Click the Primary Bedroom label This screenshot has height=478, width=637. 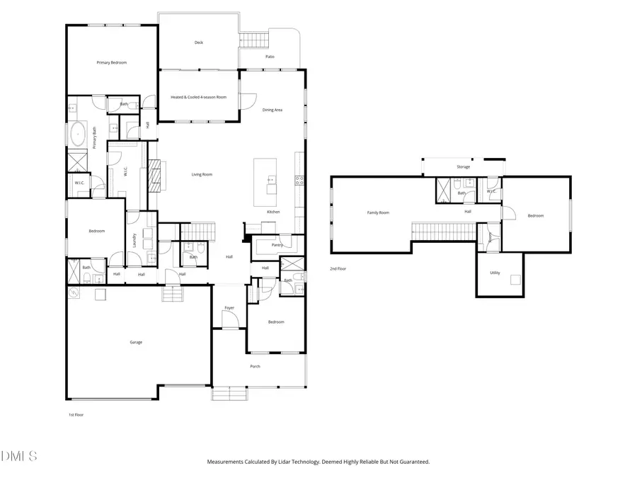[x=112, y=63]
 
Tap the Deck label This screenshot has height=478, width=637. [x=199, y=42]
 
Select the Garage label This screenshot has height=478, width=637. [x=136, y=342]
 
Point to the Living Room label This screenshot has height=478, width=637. [x=202, y=174]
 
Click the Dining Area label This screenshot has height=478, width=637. [x=272, y=110]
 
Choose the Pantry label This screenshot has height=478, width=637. [x=277, y=244]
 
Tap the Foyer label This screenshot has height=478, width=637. [x=229, y=307]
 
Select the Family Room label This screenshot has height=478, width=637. [x=378, y=212]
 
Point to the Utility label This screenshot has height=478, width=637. [x=495, y=272]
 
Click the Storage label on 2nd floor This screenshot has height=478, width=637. [x=463, y=167]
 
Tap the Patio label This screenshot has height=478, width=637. [x=270, y=57]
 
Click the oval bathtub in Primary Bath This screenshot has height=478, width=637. [x=78, y=134]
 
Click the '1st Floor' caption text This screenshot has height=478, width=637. [x=75, y=415]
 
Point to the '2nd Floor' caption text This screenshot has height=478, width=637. [x=338, y=269]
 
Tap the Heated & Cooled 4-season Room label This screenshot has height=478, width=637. [x=199, y=97]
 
